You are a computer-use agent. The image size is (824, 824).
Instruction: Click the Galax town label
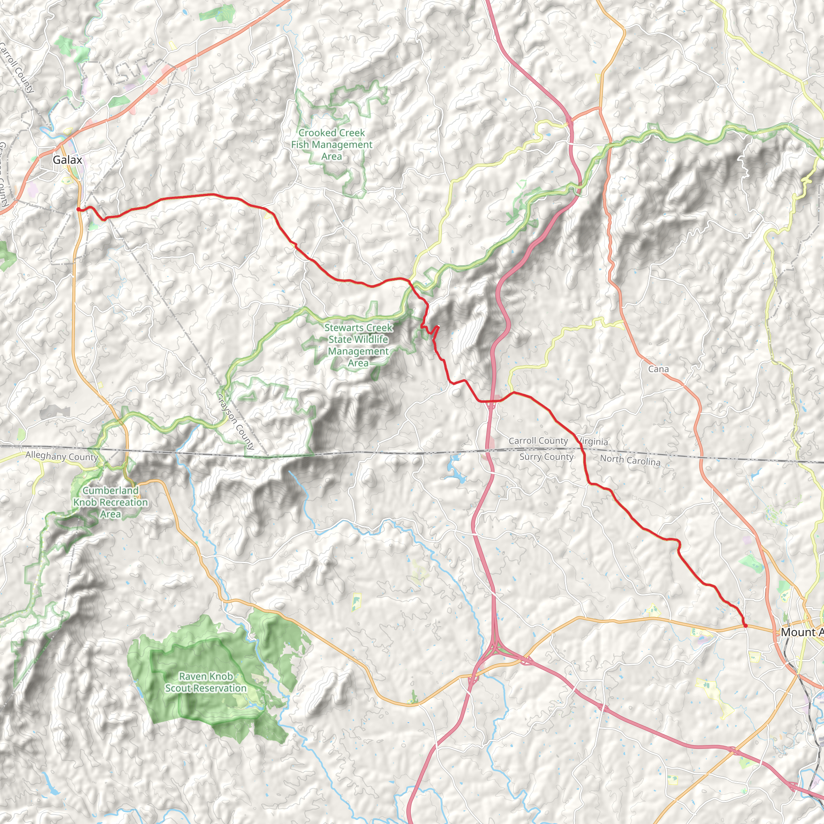67,160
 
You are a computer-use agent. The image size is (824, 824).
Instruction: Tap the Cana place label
658,369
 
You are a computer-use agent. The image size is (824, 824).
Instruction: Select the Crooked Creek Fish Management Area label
332,144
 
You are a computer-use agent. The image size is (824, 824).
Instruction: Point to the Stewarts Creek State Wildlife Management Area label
358,346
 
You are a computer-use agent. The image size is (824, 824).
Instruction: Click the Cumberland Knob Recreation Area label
111,503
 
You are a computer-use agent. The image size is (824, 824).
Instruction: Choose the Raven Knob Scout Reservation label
206,682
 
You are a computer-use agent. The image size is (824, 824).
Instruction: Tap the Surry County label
546,457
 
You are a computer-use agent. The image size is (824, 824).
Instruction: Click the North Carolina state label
630,460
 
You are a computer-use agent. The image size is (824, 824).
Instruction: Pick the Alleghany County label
62,456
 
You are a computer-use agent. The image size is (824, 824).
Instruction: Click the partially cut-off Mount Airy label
802,632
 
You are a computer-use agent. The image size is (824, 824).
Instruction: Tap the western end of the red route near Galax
78,209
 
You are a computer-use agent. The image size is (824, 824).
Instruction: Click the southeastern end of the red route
746,626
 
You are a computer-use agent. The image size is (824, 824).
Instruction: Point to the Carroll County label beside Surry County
538,441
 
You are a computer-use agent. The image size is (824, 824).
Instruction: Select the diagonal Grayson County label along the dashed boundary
236,421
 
